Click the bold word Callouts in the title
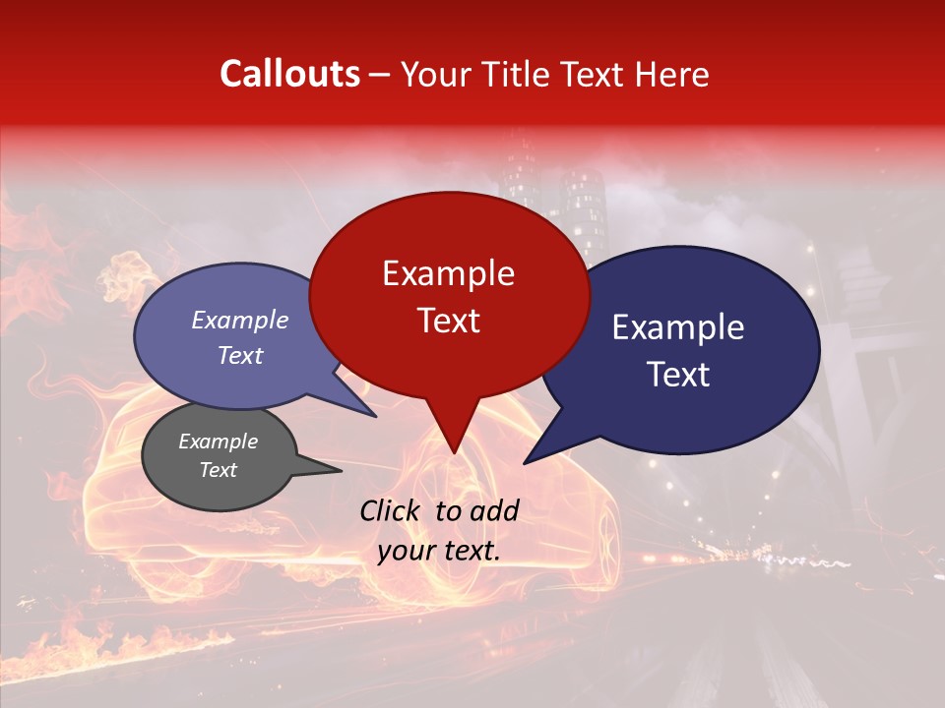(x=289, y=74)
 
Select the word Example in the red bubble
(x=448, y=273)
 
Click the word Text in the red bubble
(x=448, y=321)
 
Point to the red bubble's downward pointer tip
(x=454, y=453)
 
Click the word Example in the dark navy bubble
(x=678, y=327)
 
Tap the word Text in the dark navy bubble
(x=678, y=375)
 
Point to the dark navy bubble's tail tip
(x=524, y=463)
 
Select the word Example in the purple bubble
(x=239, y=320)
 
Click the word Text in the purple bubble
(x=239, y=355)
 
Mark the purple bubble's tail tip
(x=377, y=417)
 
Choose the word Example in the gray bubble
(x=218, y=442)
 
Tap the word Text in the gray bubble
(x=218, y=470)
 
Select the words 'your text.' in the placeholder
(x=439, y=551)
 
